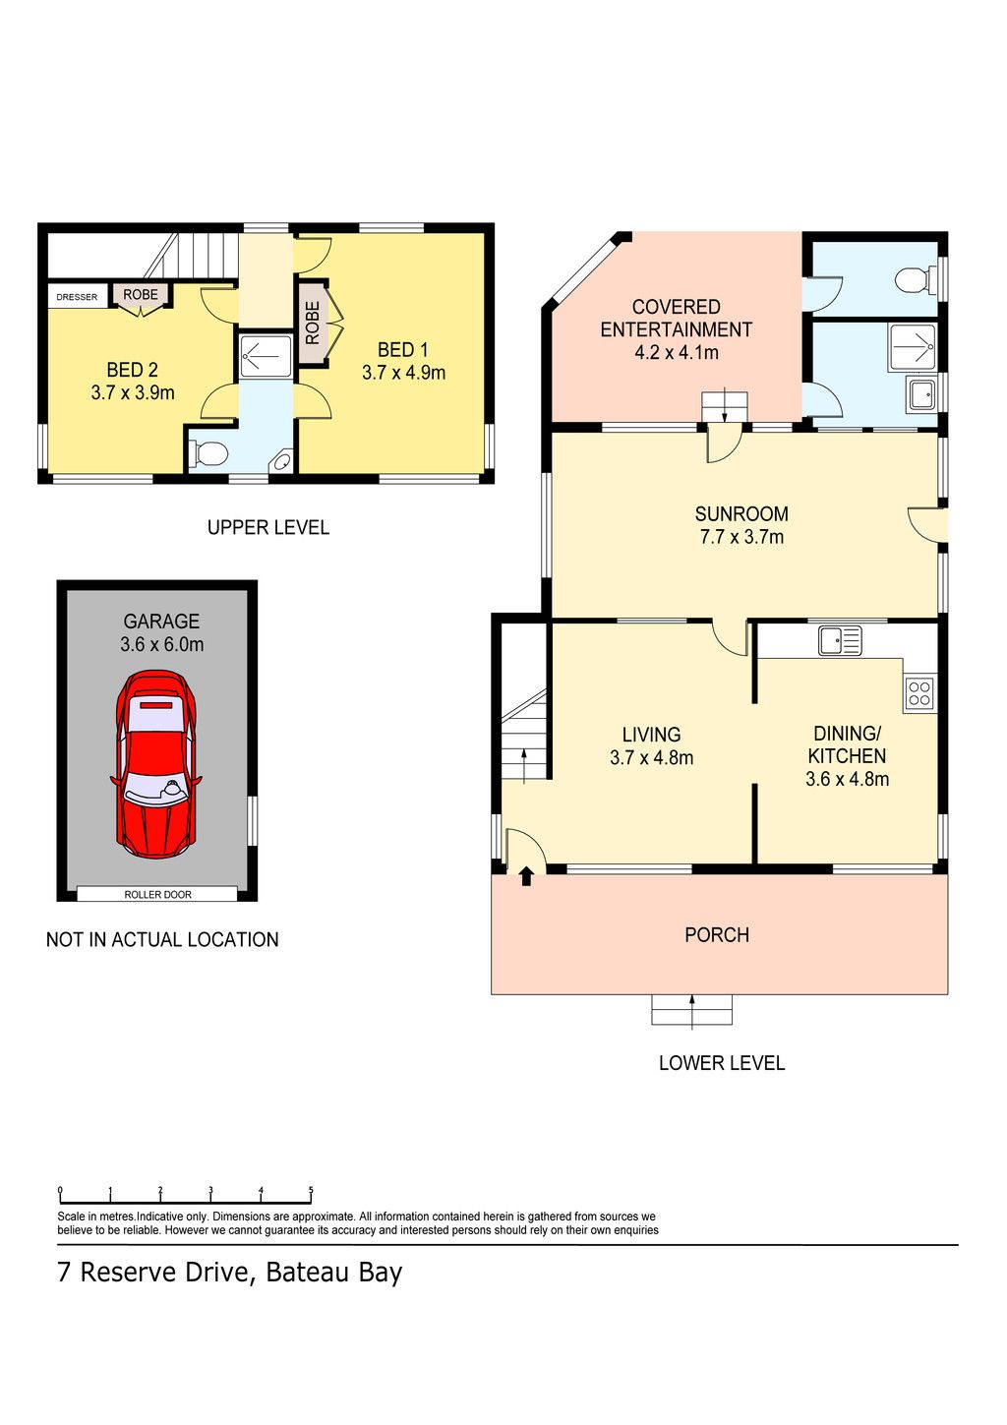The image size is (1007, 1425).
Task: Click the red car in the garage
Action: pyautogui.click(x=155, y=764)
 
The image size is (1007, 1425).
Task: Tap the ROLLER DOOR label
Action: pyautogui.click(x=157, y=895)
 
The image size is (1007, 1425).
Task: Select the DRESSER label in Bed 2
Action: pyautogui.click(x=77, y=297)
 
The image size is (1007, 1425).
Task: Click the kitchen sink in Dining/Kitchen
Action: pyautogui.click(x=840, y=640)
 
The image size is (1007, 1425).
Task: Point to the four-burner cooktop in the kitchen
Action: pyautogui.click(x=919, y=693)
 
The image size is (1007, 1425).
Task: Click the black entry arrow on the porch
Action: pyautogui.click(x=525, y=876)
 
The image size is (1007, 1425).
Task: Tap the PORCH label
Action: pyautogui.click(x=717, y=934)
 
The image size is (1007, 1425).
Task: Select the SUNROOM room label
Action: pyautogui.click(x=741, y=513)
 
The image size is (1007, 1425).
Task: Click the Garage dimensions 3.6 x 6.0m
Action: pyautogui.click(x=161, y=644)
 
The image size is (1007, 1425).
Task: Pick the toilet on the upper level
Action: pyautogui.click(x=208, y=454)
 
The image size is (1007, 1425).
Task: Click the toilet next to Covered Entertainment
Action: pyautogui.click(x=916, y=280)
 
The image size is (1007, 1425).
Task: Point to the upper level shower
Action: pyautogui.click(x=266, y=356)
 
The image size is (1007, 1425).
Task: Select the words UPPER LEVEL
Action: pyautogui.click(x=267, y=527)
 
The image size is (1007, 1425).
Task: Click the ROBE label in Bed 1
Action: pyautogui.click(x=313, y=323)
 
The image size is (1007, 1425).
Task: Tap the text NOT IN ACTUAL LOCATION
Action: pyautogui.click(x=162, y=939)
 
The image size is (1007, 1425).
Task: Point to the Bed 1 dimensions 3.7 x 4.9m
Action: pyautogui.click(x=403, y=373)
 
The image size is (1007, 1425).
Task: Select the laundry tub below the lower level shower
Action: pyautogui.click(x=922, y=395)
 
